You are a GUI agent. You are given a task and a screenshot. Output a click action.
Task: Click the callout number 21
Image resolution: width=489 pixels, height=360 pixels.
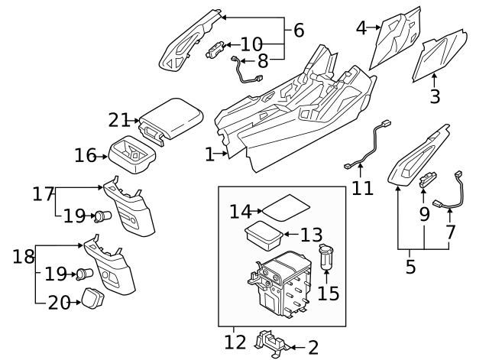[119, 120]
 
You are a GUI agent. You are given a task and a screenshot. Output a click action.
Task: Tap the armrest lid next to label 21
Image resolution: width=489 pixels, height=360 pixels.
[175, 117]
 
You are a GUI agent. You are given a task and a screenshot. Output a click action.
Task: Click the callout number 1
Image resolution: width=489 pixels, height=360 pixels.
[209, 154]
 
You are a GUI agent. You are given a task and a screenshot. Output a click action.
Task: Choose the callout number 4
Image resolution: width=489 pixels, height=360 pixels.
[362, 28]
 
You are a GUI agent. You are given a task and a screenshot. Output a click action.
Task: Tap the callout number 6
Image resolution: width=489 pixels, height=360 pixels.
[298, 31]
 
